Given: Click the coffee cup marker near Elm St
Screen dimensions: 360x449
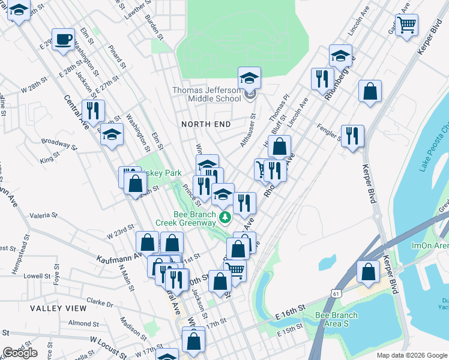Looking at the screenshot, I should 63,40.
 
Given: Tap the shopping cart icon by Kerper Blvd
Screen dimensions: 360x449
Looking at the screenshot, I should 407,25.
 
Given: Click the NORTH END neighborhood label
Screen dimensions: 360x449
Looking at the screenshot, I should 206,124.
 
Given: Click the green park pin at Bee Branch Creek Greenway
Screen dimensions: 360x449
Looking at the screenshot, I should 225,217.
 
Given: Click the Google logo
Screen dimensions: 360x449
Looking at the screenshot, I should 20,353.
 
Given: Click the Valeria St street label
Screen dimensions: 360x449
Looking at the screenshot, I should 43,215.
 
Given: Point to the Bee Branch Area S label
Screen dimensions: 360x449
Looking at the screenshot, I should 336,320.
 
